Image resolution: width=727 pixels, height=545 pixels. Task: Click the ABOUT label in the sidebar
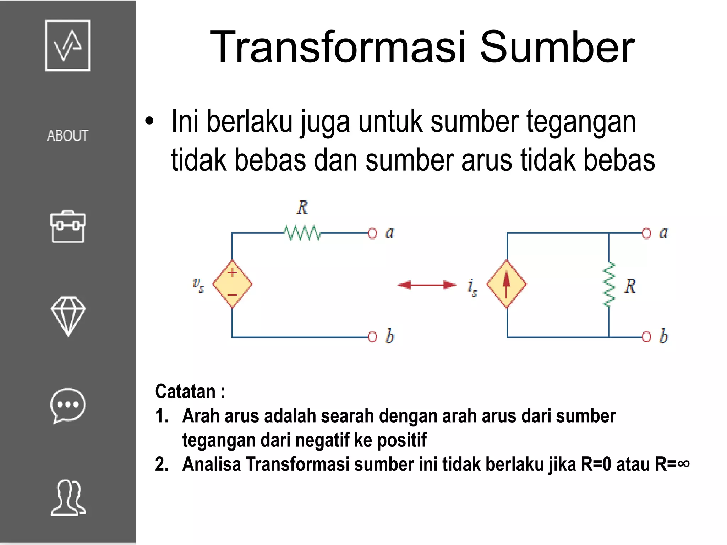click(67, 136)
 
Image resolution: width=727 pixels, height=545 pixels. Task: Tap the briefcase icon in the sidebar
click(68, 227)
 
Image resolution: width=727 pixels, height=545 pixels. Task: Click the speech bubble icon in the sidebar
click(68, 406)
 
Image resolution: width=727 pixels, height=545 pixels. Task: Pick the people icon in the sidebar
click(68, 497)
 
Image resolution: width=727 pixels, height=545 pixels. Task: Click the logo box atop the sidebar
click(68, 45)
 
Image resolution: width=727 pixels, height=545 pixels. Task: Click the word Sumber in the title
click(557, 47)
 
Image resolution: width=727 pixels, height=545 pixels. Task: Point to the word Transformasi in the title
click(338, 47)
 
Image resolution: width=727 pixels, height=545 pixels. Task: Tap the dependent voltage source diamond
click(232, 284)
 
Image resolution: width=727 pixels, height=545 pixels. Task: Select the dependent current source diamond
click(507, 284)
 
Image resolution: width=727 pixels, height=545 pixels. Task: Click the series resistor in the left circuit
click(302, 233)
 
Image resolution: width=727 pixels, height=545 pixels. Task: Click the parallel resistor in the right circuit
click(609, 285)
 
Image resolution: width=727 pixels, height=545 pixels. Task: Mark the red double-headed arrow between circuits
click(427, 285)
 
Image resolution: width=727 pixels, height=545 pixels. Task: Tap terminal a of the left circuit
click(372, 233)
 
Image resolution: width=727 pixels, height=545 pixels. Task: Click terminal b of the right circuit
click(646, 336)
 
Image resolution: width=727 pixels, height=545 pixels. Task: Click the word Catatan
click(186, 392)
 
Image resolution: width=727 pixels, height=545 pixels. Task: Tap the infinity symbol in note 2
click(683, 463)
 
